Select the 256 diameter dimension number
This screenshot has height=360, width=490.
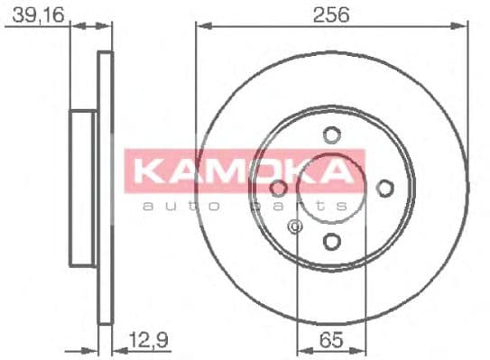pos(331,14)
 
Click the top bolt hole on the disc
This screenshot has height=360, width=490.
pos(331,135)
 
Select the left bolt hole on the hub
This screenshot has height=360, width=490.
pos(279,188)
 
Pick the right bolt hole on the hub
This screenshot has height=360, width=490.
pos(384,188)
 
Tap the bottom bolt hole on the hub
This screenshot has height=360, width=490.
pos(331,241)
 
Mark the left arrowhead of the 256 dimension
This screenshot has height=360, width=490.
pos(200,26)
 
